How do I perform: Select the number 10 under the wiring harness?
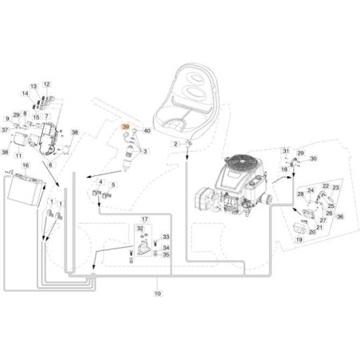coord(156,295)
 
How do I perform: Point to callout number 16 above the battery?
coord(25,165)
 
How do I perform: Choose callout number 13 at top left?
coord(34,85)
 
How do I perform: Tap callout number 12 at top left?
coord(47,84)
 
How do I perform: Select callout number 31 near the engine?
coord(285,151)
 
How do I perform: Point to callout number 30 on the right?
coord(313,159)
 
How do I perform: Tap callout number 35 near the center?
coord(166,255)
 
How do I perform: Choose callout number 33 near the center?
coord(166,237)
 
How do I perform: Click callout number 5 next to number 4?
coord(113,184)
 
